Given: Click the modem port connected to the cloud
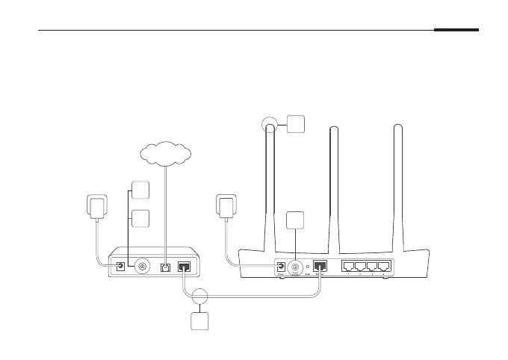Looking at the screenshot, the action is click(166, 266).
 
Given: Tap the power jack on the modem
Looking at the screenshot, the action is click(119, 266).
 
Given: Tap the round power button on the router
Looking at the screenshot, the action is click(297, 265).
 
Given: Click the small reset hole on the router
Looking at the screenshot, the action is click(309, 266).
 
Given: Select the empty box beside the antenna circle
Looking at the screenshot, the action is click(295, 123).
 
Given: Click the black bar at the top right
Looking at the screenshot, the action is click(456, 31).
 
